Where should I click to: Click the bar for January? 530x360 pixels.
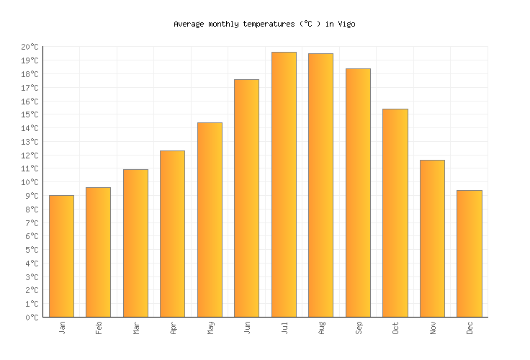point(61,256)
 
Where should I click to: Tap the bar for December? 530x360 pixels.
point(470,253)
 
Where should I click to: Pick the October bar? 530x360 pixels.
point(395,212)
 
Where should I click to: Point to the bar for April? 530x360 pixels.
point(172,233)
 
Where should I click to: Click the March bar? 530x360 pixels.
point(135,243)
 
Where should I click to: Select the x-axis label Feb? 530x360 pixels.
point(99,328)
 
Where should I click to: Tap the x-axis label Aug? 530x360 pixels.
point(321,328)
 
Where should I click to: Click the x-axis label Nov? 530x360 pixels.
point(433,328)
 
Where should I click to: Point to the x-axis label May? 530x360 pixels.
point(210,328)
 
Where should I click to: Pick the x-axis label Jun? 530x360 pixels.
point(247,328)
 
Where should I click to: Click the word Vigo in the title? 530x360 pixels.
point(346,24)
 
